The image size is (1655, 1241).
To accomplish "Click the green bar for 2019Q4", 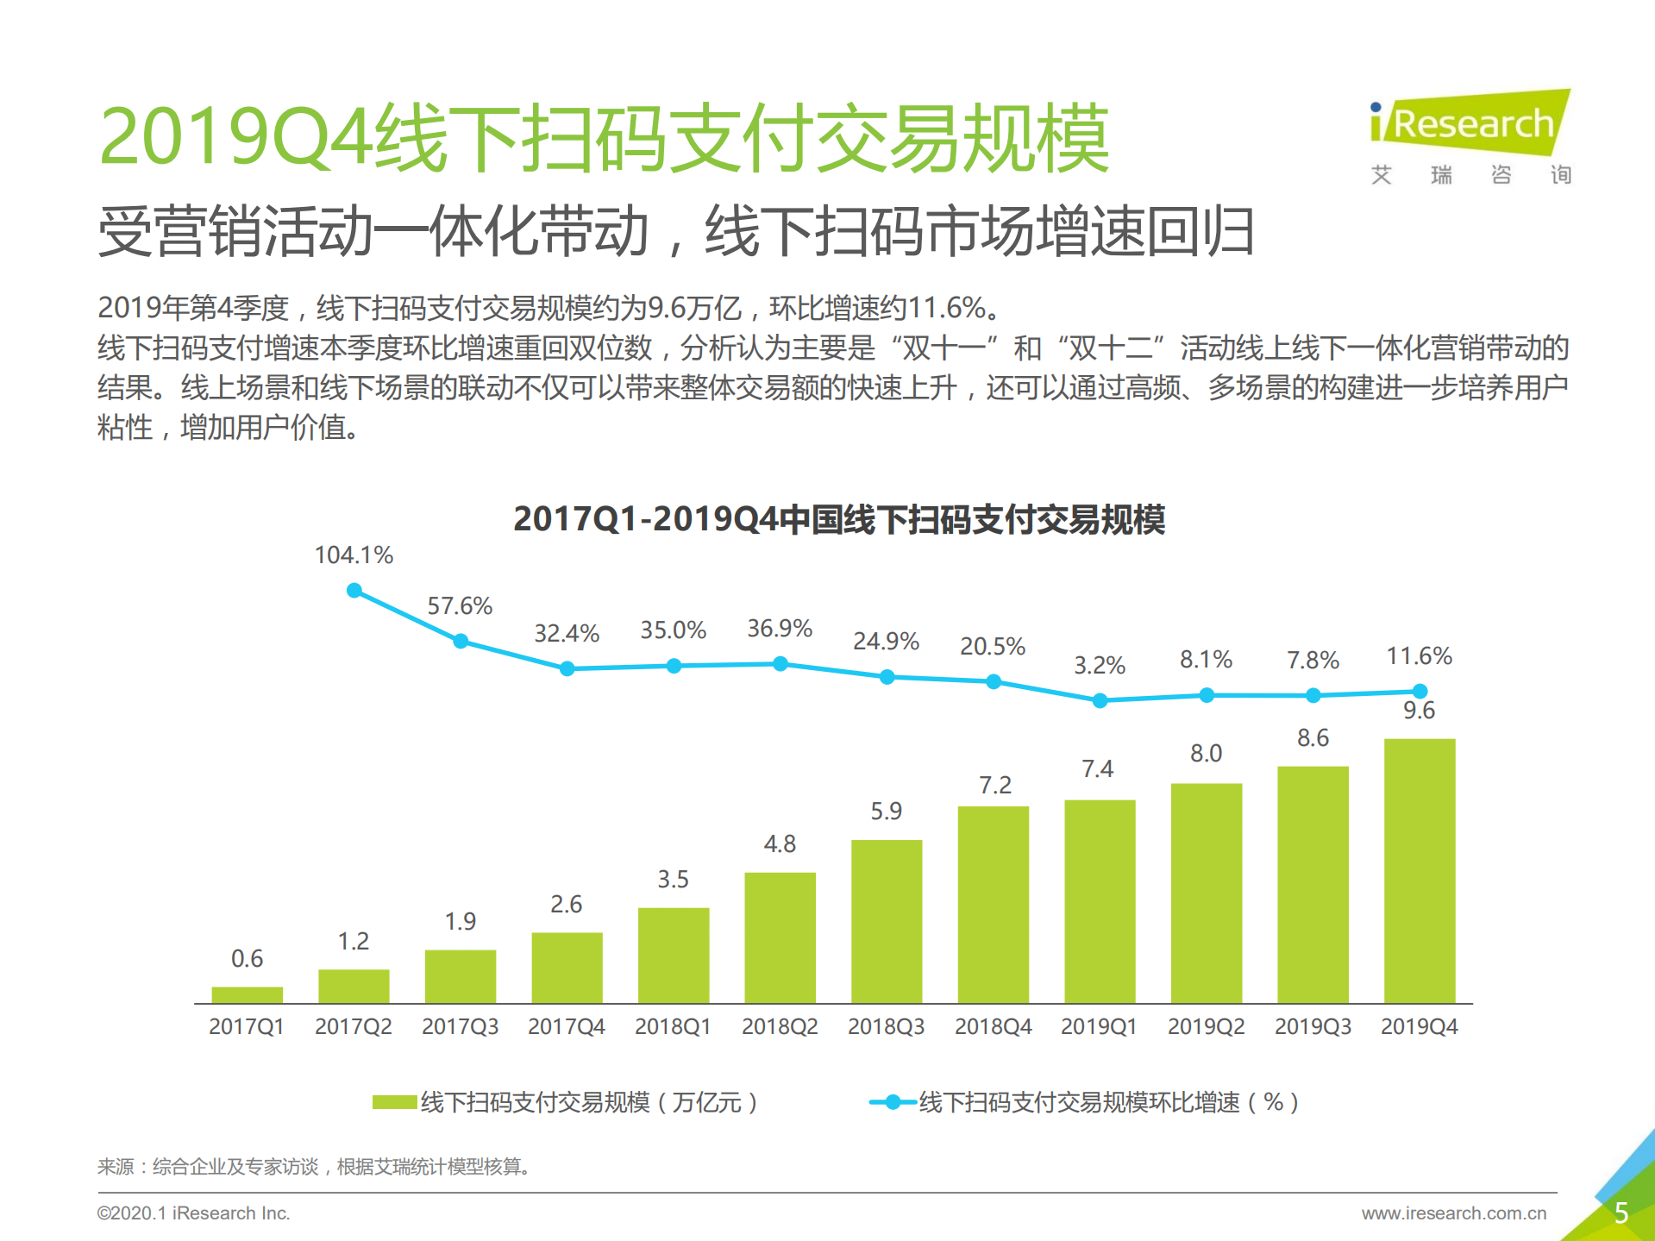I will pos(1419,871).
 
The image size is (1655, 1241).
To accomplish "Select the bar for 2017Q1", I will pos(247,994).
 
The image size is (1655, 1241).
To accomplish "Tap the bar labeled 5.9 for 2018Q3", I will pos(886,921).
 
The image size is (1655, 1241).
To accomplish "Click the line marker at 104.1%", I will pos(354,591).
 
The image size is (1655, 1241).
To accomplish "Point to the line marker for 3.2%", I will pos(1100,701).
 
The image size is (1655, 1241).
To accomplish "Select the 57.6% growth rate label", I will pos(460,606).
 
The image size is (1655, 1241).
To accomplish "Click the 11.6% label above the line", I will pos(1419,656).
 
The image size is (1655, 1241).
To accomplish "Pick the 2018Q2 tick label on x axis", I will pos(779,1026).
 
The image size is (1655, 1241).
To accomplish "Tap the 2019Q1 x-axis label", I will pos(1099,1026).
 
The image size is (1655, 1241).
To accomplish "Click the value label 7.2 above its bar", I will pos(994,785).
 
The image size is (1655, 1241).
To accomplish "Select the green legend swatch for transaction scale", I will pos(394,1102).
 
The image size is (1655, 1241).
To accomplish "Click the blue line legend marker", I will pos(893,1102).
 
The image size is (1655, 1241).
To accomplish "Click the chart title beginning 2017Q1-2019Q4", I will pos(838,519).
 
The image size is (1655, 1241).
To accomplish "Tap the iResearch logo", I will pos(1470,125).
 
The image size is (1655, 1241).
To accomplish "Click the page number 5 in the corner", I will pos(1621,1213).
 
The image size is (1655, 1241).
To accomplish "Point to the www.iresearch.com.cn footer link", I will pos(1453,1213).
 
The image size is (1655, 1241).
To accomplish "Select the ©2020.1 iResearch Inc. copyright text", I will pos(193,1213).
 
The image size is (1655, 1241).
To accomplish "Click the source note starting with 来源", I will pos(312,1167).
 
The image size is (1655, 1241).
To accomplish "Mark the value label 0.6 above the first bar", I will pos(247,958).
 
